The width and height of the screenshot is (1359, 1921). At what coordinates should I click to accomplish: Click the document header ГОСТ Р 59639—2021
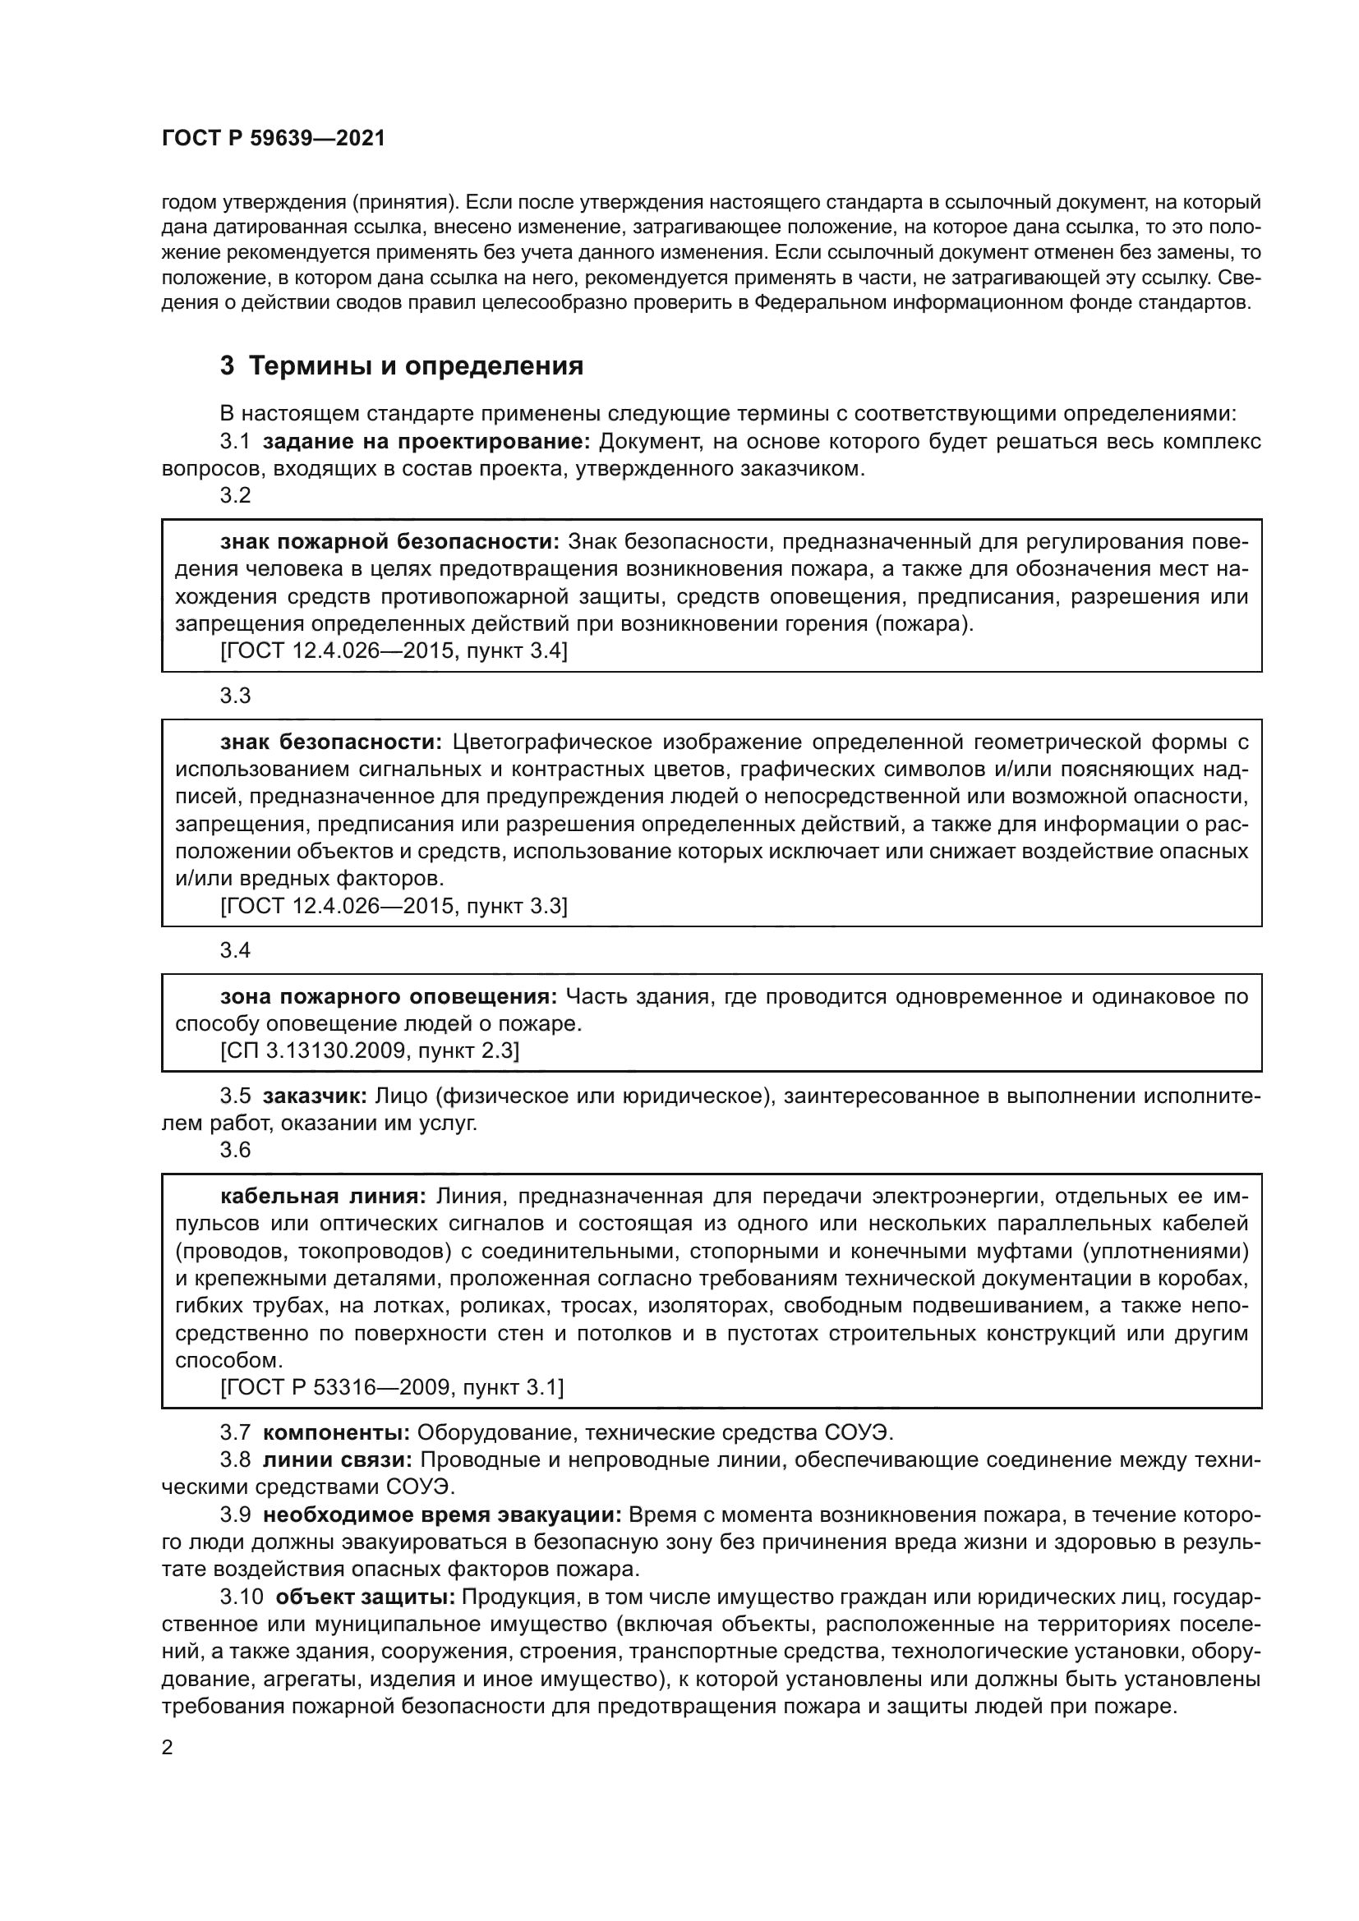(x=273, y=139)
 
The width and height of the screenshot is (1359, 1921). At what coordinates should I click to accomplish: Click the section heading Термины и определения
(x=415, y=366)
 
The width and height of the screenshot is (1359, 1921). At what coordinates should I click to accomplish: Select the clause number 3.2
(x=235, y=495)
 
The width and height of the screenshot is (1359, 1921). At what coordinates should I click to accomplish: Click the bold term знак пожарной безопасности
(x=389, y=542)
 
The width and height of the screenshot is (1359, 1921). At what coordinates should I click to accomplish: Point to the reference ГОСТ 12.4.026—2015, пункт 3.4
(x=394, y=651)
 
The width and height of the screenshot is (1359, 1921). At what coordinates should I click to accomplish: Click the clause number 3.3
(x=235, y=696)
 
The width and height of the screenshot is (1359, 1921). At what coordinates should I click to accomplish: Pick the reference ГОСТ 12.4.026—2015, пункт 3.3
(x=394, y=906)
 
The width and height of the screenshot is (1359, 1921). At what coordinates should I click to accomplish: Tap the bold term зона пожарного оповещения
(x=389, y=996)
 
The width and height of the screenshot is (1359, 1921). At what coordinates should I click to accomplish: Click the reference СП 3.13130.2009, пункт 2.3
(x=369, y=1051)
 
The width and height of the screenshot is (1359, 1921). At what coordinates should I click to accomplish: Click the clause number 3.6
(x=235, y=1151)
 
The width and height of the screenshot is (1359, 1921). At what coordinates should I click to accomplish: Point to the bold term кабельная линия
(x=323, y=1197)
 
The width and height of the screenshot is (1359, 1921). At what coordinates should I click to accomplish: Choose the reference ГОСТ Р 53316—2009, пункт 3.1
(x=392, y=1388)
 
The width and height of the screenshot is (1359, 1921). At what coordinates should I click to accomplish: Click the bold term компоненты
(x=335, y=1433)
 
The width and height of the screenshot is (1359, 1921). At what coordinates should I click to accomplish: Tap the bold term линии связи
(x=337, y=1461)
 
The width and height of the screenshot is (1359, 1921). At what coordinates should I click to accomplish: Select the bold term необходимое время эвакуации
(x=442, y=1515)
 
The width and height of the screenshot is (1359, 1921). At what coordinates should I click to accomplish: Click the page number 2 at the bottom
(x=167, y=1749)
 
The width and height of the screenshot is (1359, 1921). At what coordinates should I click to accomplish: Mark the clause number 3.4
(x=235, y=950)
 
